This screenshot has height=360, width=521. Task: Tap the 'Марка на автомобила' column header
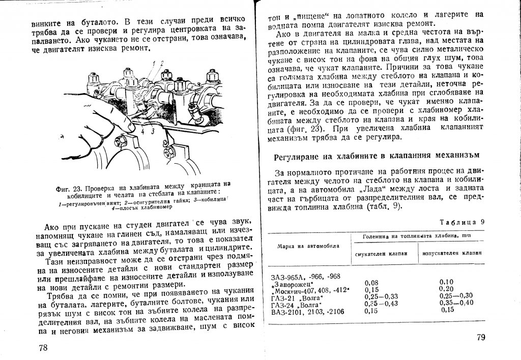308,245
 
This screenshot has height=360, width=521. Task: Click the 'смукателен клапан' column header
381,254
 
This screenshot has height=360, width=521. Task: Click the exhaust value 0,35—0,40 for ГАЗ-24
456,303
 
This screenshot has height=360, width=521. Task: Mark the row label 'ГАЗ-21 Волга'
299,296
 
